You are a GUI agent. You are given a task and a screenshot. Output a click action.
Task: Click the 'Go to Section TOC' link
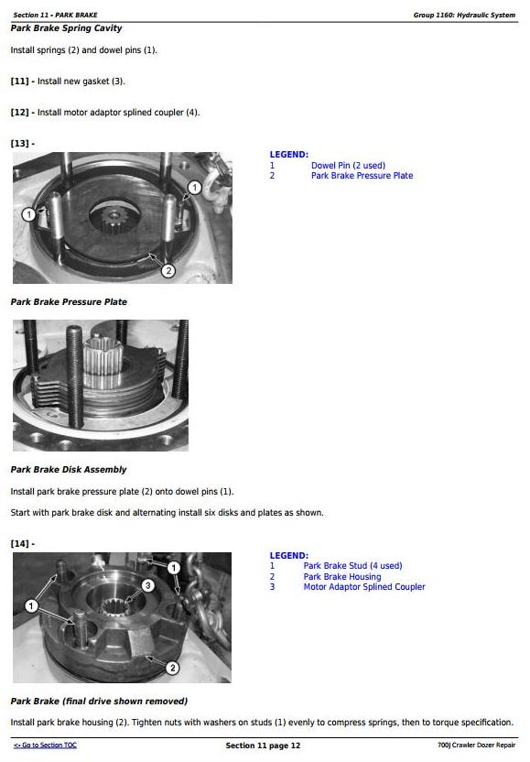45,745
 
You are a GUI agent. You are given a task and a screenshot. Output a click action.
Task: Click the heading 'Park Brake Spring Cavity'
66,28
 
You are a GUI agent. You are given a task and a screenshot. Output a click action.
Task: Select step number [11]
19,82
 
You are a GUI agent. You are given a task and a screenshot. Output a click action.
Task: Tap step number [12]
19,113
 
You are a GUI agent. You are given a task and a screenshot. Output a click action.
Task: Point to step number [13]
19,144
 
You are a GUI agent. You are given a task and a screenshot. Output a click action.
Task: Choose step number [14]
19,544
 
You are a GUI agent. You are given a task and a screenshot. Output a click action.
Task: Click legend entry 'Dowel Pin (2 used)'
349,165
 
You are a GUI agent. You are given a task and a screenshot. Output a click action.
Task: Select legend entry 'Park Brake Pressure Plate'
362,176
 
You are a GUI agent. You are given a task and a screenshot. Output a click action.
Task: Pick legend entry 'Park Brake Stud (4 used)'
352,566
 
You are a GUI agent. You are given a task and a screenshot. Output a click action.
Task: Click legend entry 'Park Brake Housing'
342,576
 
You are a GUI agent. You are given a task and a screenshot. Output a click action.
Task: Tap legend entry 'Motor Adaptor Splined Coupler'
363,586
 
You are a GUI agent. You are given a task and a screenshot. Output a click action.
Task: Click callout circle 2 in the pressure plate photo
168,271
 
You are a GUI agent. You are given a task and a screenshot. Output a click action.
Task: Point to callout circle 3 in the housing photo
148,585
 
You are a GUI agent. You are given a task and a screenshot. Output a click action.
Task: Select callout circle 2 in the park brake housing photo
172,668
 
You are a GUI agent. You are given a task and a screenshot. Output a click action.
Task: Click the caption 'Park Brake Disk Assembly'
69,470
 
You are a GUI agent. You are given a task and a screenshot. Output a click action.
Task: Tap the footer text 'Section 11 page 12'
263,746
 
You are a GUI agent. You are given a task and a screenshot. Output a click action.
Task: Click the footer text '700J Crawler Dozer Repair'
476,745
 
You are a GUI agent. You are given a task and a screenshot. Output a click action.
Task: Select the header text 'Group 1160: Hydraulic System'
464,15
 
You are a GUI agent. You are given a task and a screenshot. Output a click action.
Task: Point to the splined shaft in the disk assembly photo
103,362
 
